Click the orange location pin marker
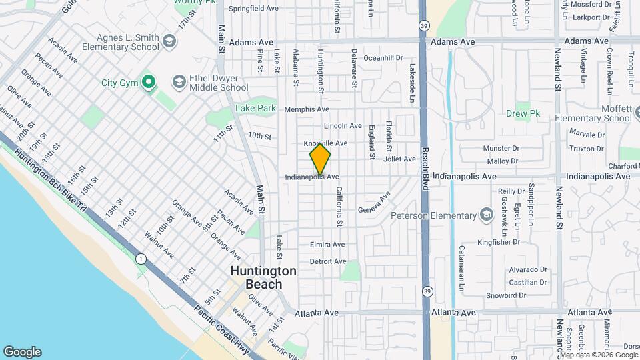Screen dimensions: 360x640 [321, 158]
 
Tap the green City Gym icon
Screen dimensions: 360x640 [148, 83]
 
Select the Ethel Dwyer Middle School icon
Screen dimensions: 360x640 [179, 82]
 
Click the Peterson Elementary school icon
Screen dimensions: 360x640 [487, 215]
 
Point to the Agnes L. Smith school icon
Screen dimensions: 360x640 [169, 42]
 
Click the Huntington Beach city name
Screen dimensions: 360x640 [263, 277]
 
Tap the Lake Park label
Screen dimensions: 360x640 [255, 108]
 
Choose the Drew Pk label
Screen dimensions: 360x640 [523, 114]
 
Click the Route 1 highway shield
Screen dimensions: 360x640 [141, 258]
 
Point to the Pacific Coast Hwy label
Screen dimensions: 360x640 [223, 331]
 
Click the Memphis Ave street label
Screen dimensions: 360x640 [307, 109]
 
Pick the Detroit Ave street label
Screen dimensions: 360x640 [328, 261]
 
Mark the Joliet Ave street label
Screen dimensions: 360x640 [399, 159]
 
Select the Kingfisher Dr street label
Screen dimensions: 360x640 [498, 242]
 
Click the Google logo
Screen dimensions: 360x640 [22, 352]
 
